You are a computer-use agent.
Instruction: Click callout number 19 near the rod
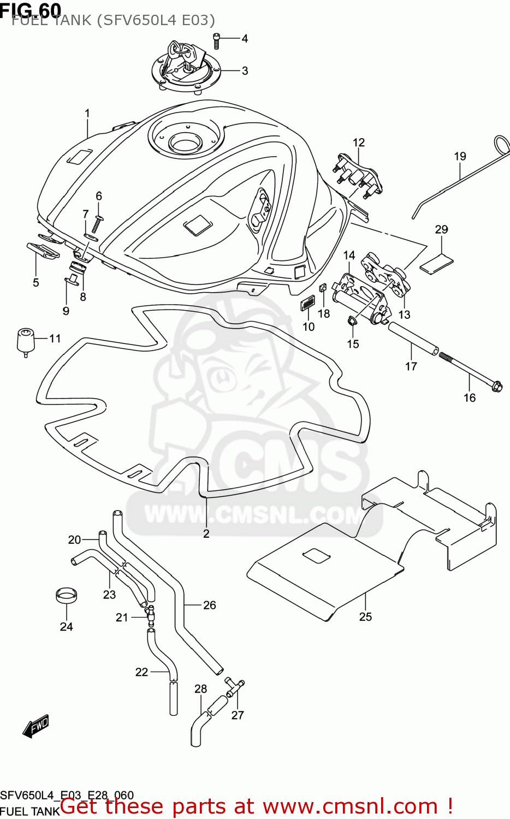[460, 156]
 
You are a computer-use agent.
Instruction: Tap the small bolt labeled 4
[216, 39]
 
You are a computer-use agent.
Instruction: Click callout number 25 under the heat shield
[365, 616]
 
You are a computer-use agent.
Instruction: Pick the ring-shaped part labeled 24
[66, 595]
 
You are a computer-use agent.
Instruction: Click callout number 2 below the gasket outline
[206, 533]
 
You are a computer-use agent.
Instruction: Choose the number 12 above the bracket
[358, 143]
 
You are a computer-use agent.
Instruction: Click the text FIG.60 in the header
[31, 9]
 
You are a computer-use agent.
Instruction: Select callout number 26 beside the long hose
[210, 605]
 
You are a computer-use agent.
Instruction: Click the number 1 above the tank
[87, 114]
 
